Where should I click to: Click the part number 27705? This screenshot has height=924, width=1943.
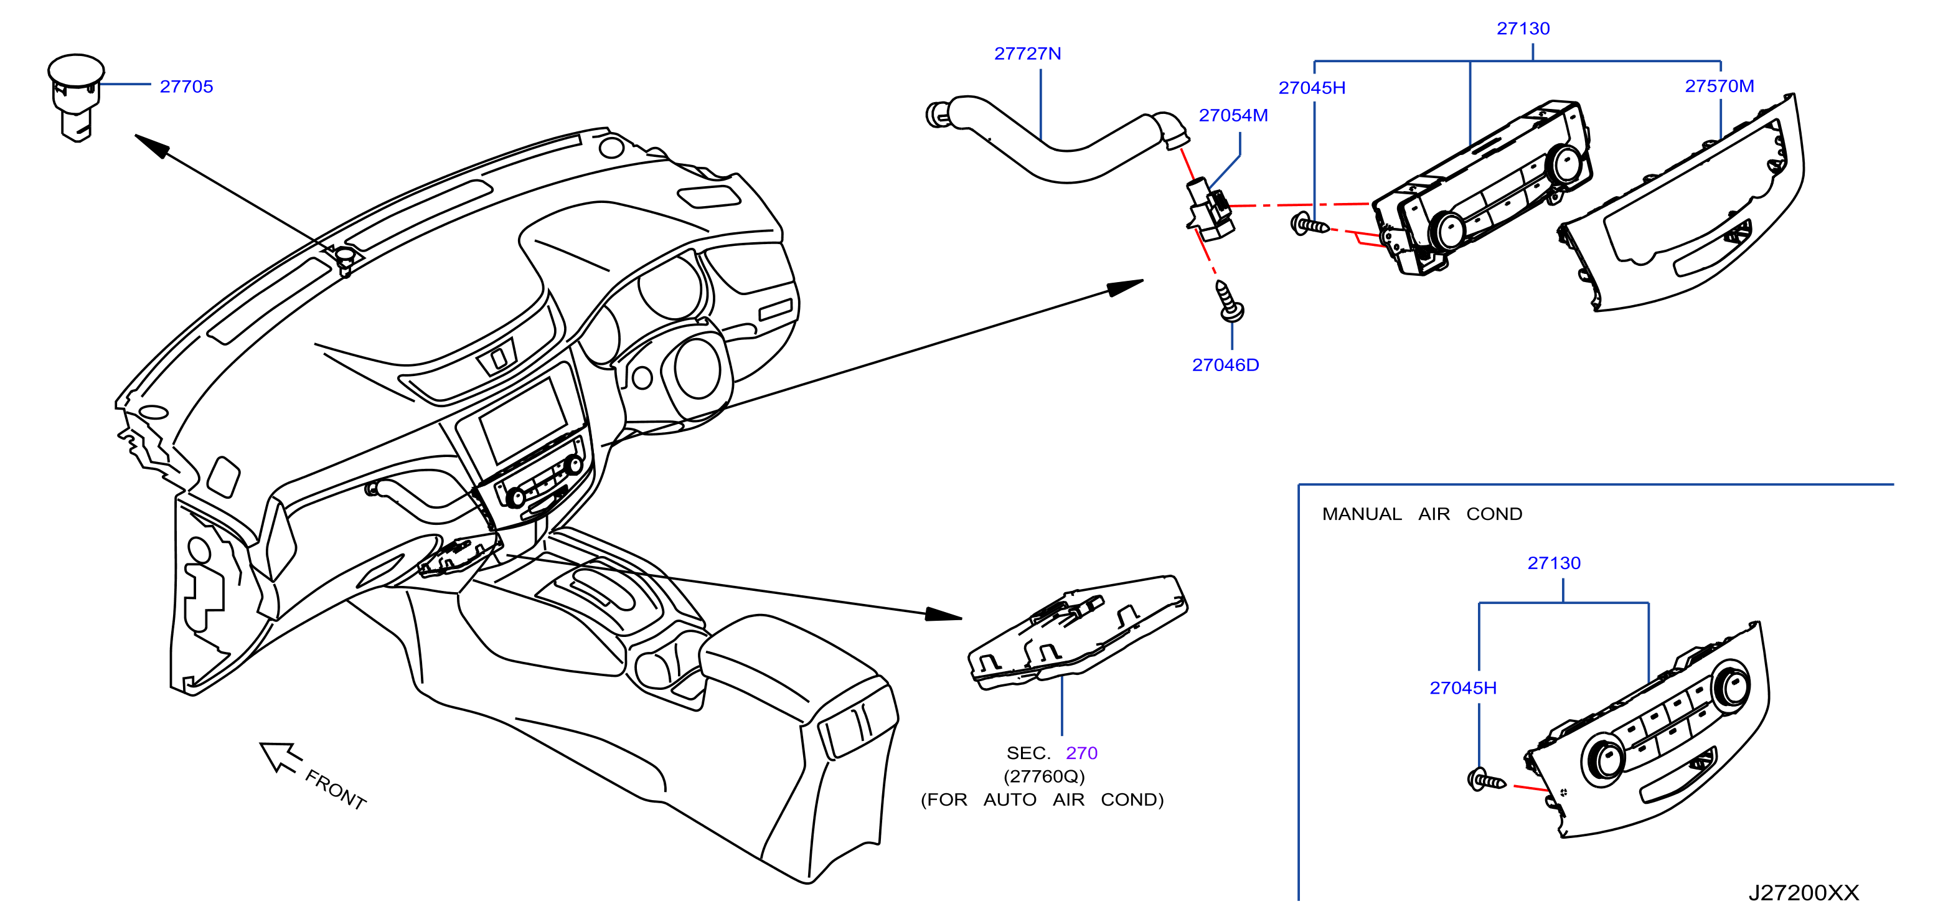[186, 87]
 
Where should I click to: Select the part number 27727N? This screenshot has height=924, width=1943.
[1027, 54]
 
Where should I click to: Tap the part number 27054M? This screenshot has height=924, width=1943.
[1233, 115]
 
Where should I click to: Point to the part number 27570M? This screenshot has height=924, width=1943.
[1720, 86]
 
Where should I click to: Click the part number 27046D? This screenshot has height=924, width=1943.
[1226, 365]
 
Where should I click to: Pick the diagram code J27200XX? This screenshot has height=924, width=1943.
[1804, 893]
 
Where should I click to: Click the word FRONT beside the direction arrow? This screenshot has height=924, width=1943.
[336, 790]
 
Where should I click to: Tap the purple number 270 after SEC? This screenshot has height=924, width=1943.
[1081, 753]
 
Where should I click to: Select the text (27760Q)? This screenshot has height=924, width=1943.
[1044, 776]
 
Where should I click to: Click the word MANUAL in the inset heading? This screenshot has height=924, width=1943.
[1362, 514]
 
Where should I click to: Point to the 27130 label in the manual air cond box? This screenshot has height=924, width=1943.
[1554, 563]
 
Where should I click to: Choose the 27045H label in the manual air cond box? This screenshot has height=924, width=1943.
[1463, 688]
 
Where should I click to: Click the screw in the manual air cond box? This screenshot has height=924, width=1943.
[1486, 781]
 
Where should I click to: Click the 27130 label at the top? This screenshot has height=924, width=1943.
[1523, 29]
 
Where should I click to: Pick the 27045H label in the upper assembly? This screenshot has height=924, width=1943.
[1312, 88]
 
